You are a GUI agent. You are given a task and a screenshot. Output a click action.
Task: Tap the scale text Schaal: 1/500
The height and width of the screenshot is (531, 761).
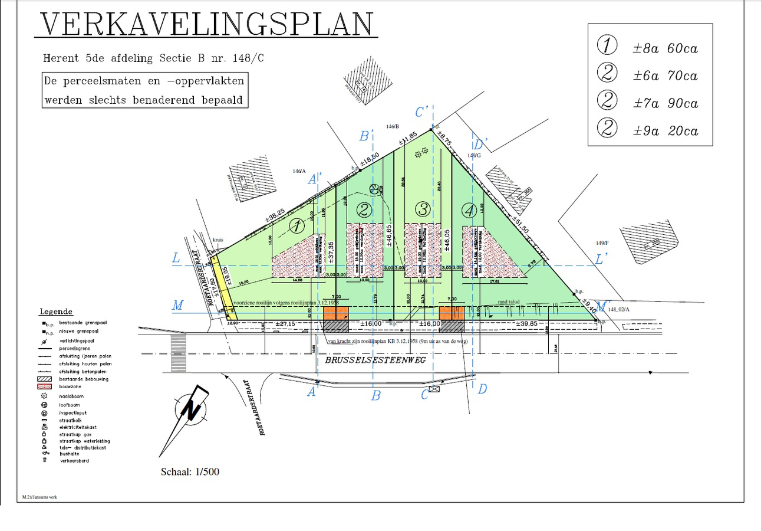pos(190,472)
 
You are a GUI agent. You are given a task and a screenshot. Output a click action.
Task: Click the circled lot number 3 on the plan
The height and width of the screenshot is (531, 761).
pos(423,208)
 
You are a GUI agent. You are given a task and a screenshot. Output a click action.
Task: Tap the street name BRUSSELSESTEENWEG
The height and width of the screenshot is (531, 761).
pos(371,360)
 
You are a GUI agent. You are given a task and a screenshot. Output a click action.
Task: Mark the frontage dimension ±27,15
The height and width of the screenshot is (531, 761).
pos(285,324)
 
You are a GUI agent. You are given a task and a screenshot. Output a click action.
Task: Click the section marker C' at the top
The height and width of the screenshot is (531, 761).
pos(422,112)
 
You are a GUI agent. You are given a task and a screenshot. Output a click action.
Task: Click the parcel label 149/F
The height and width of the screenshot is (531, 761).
pos(601,243)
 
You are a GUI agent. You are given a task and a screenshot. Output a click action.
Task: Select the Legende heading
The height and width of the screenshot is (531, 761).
pos(56,311)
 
